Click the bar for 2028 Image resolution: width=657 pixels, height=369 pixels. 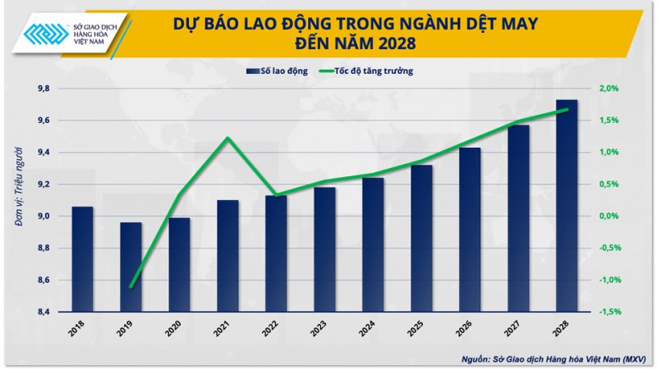(x=566, y=205)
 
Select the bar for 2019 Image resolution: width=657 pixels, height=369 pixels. (x=131, y=266)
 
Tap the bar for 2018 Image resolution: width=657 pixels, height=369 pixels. (x=82, y=258)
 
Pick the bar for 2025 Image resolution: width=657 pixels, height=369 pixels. (x=421, y=238)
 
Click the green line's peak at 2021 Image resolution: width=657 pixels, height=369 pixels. (x=227, y=138)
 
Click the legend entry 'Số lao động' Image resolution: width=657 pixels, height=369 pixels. (x=277, y=71)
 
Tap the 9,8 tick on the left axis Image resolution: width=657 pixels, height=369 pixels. (x=43, y=89)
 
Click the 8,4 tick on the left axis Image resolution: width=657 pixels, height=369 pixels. (x=43, y=312)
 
